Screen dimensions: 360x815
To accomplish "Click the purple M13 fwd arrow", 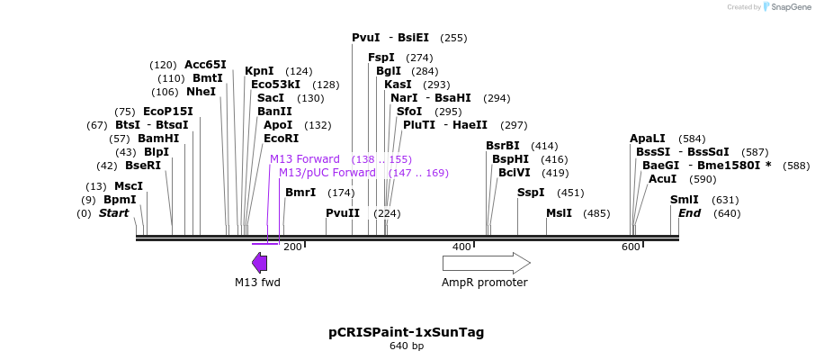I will click(259, 263).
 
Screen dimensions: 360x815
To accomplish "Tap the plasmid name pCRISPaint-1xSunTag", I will click(407, 332).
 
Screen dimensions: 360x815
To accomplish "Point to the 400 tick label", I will click(461, 247).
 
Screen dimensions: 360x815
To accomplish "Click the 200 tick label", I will click(292, 247).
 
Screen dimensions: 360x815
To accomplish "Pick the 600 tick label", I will click(630, 247).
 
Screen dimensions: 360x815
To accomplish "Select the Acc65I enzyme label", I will click(205, 65).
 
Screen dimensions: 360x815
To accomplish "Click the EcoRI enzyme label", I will click(281, 139).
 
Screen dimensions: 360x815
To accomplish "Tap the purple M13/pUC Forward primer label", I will click(327, 173).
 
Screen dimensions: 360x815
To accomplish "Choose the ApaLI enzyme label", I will click(648, 139).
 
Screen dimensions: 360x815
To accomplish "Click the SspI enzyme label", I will click(531, 193).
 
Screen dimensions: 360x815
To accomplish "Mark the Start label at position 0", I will click(113, 213).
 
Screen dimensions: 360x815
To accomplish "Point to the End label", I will click(689, 213).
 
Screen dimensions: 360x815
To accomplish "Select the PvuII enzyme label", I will click(343, 213).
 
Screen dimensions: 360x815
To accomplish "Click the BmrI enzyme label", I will click(300, 193).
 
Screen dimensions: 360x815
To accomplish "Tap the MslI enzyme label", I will click(559, 213).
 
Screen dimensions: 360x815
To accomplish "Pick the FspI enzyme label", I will click(381, 58).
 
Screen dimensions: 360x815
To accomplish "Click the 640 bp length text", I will click(407, 346).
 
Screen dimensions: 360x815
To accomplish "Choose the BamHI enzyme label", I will click(158, 139).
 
